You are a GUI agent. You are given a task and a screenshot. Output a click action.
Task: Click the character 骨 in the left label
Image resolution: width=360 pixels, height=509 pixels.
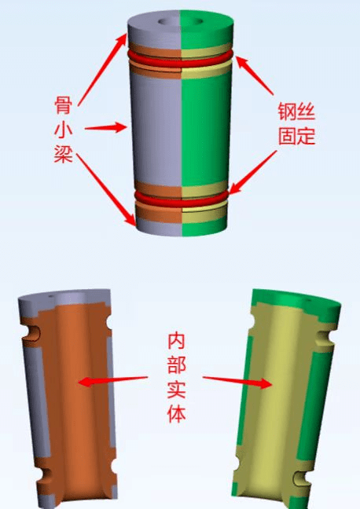(63, 104)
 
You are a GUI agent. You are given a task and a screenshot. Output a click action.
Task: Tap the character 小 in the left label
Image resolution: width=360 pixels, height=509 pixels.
(63, 130)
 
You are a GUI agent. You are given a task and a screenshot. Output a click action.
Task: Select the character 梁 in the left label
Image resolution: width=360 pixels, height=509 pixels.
(63, 153)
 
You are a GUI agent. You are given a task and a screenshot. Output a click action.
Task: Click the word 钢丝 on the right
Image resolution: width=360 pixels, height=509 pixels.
(296, 112)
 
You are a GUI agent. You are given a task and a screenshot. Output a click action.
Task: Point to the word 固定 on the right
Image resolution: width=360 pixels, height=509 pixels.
(296, 136)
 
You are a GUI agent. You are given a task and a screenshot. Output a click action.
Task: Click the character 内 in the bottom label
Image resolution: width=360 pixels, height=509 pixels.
(176, 341)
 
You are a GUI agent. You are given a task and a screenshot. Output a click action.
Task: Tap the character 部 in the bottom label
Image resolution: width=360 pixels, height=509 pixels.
(176, 365)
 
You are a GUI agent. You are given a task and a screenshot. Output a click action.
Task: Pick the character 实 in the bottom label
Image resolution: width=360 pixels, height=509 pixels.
(176, 390)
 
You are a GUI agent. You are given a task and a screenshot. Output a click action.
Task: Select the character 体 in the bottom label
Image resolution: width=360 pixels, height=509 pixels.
(176, 413)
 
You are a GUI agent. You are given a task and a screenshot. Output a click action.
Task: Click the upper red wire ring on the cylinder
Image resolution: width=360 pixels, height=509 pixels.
(180, 63)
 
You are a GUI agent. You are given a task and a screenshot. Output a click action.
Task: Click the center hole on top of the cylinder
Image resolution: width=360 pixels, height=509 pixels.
(181, 22)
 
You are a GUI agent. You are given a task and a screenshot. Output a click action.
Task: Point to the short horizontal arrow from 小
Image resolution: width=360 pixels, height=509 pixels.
(105, 127)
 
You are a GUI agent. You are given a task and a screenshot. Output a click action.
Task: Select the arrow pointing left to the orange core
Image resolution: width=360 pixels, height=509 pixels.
(112, 380)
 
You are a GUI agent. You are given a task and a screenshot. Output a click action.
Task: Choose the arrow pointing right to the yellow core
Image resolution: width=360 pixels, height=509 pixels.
(237, 381)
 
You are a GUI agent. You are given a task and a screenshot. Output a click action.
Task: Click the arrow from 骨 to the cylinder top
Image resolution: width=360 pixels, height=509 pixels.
(102, 69)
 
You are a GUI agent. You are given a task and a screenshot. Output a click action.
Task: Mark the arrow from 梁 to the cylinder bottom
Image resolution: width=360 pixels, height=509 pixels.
(106, 189)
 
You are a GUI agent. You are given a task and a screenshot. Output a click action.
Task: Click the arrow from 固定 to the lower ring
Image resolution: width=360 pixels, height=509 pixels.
(252, 172)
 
